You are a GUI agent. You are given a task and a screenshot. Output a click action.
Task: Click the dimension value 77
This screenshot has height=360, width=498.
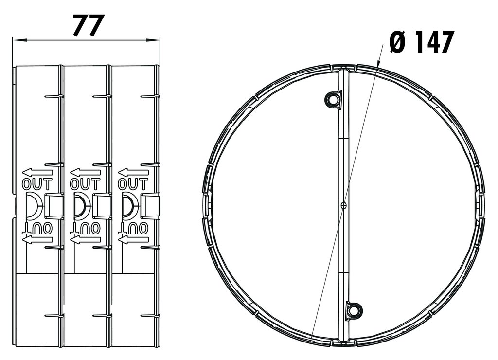point(89,25)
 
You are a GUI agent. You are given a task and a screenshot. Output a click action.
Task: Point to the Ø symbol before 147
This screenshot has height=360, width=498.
point(398,43)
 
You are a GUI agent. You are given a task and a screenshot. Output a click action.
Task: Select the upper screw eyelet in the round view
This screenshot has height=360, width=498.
point(333,99)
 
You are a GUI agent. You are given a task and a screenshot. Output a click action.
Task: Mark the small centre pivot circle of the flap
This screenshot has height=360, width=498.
point(343,205)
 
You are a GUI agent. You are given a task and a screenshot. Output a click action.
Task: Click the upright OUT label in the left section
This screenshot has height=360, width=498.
point(37,184)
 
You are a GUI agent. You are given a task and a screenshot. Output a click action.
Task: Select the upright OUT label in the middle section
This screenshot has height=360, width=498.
point(85,184)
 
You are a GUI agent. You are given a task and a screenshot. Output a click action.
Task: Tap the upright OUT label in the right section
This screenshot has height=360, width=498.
point(133,184)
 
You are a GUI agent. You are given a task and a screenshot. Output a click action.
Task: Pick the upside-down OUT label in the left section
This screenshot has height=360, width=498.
point(37,228)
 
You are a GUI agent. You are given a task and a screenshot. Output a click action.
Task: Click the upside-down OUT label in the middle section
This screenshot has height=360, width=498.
point(85,228)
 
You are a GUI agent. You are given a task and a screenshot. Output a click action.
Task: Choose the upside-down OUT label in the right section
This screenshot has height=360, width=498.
point(133,228)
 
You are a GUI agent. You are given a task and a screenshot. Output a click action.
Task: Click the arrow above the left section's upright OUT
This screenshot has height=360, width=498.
point(37,172)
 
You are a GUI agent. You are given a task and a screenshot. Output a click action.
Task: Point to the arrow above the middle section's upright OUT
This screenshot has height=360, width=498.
point(85,172)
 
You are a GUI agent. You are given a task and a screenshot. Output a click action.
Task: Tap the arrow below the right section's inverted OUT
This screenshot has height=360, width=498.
point(133,239)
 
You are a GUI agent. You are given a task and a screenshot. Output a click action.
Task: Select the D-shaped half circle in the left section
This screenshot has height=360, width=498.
point(32,205)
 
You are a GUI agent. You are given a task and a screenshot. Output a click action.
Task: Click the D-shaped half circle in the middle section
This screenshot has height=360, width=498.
point(80,205)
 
